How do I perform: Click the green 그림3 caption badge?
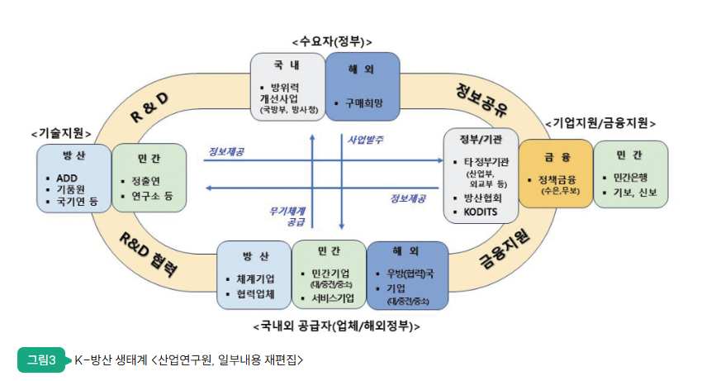coord(41,360)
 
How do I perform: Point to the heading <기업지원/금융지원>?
coord(600,123)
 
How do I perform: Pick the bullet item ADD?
coord(68,178)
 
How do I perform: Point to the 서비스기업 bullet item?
coord(332,298)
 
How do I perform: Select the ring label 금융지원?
coord(504,248)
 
